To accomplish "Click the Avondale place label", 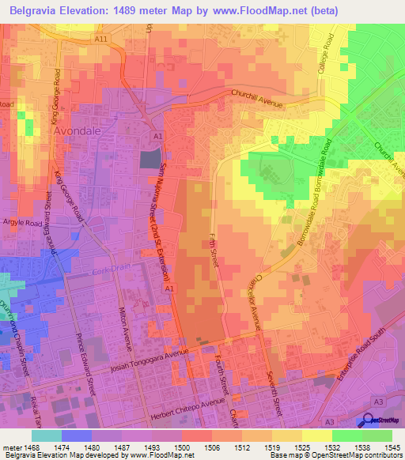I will pyautogui.click(x=78, y=132).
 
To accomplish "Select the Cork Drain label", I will pyautogui.click(x=108, y=271).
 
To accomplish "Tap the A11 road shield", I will pyautogui.click(x=100, y=38).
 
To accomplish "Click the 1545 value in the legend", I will pyautogui.click(x=393, y=447).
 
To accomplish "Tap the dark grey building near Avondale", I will pyautogui.click(x=149, y=159).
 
